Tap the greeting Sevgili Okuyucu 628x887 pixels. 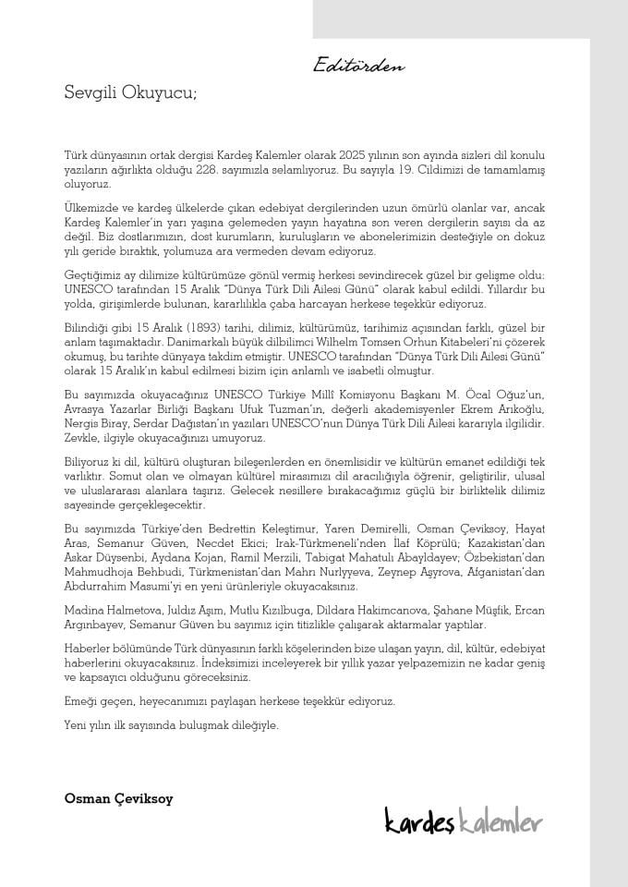[130, 92]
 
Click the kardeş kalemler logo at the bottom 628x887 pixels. [464, 820]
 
